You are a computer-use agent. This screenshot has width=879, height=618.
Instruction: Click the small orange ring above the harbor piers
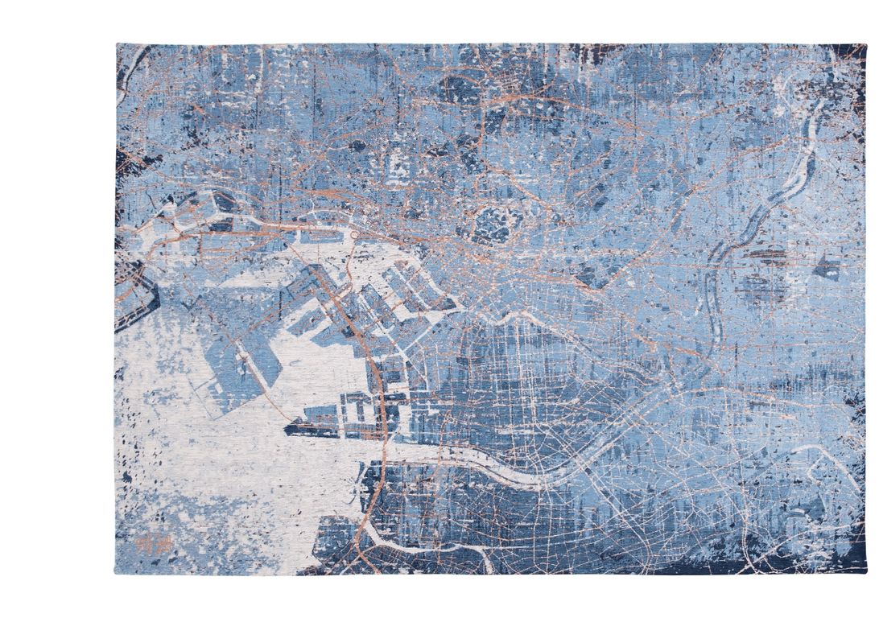pos(353,236)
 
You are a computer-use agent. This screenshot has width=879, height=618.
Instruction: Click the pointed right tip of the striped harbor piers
pos(459,304)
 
